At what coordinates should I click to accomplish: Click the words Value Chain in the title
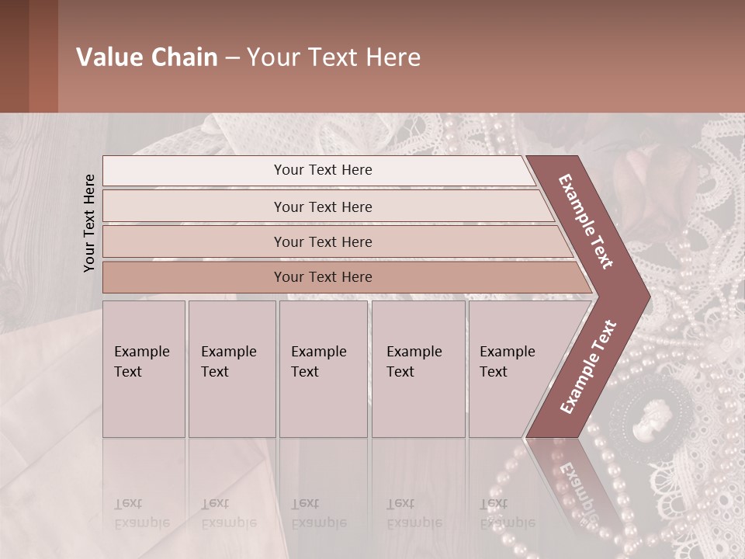(147, 57)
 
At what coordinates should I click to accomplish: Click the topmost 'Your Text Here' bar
(322, 170)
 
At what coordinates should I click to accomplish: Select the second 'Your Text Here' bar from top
(322, 207)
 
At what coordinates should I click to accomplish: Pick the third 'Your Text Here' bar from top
(322, 241)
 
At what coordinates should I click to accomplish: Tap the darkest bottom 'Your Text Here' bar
(322, 277)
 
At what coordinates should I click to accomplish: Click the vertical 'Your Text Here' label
(89, 223)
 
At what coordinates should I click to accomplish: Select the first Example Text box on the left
(144, 369)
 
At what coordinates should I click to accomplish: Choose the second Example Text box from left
(231, 369)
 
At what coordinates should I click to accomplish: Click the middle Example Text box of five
(323, 369)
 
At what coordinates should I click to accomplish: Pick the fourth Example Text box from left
(418, 369)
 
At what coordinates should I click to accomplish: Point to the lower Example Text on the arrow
(588, 366)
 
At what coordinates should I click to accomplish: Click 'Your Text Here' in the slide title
(334, 57)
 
